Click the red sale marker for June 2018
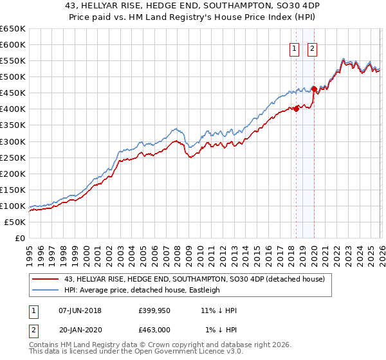pos(296,109)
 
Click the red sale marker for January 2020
pos(314,89)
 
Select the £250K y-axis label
pos(13,157)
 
